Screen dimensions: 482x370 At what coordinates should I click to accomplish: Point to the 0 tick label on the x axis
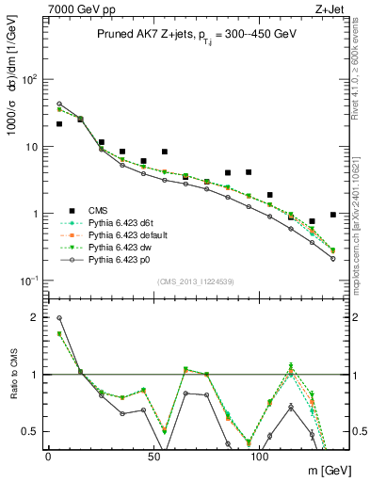tap(48, 456)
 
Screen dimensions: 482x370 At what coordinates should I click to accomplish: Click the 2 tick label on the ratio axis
tap(34, 317)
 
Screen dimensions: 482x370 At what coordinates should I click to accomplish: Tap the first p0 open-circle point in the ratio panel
tap(59, 318)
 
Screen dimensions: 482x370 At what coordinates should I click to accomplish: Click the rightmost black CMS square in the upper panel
tap(333, 215)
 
